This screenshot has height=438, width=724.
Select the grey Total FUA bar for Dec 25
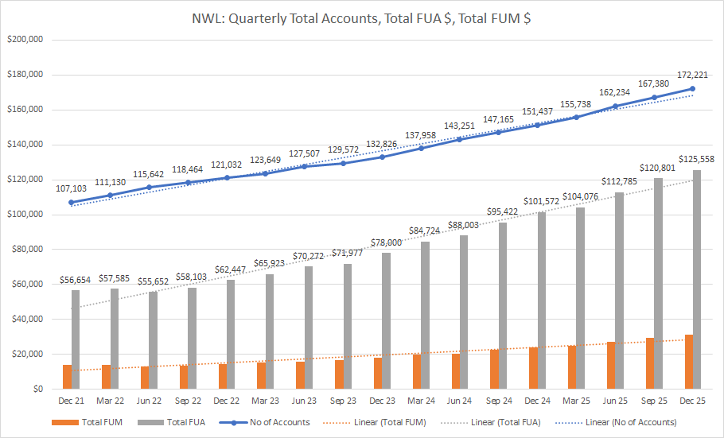tap(697, 278)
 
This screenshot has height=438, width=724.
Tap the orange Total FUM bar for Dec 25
tap(688, 362)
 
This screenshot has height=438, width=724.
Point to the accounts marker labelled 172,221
tap(692, 89)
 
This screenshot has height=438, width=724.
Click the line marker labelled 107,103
tap(72, 203)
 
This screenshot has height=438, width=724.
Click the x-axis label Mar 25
tap(576, 401)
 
